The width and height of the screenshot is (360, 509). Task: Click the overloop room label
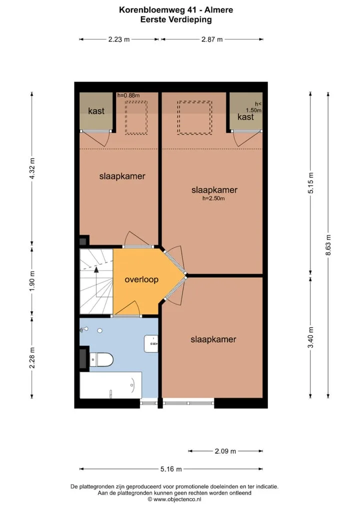tap(141, 279)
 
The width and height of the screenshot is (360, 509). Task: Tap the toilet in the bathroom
tap(101, 359)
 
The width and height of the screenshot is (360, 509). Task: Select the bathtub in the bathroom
tap(110, 385)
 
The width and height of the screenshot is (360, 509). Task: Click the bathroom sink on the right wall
tap(151, 344)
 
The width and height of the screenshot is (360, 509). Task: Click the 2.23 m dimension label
tap(119, 39)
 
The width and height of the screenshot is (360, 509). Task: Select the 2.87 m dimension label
tap(212, 39)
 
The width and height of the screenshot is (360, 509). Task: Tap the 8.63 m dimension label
tap(328, 244)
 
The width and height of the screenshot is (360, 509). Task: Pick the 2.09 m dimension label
tap(225, 451)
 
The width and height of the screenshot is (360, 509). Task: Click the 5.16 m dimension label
tap(171, 468)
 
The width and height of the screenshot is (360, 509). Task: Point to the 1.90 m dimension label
tap(32, 280)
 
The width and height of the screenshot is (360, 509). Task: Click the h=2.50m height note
tap(213, 198)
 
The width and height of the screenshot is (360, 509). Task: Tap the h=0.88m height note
tap(128, 95)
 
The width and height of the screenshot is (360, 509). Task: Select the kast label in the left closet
tap(96, 111)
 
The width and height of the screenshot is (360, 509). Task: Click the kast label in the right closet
tap(245, 117)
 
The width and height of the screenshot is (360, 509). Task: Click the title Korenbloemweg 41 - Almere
tap(176, 9)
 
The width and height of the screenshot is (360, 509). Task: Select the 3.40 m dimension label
tap(311, 337)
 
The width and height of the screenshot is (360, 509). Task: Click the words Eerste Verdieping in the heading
tap(176, 19)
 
